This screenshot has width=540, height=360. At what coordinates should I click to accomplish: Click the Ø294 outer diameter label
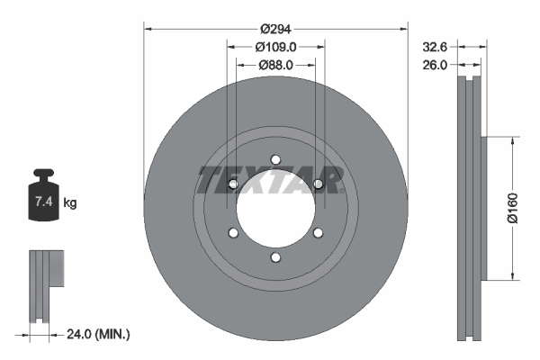275,29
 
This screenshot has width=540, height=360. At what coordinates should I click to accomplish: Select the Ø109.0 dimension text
275,47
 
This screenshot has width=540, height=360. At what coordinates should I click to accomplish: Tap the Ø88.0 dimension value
275,65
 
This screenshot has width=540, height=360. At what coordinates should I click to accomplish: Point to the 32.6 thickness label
435,47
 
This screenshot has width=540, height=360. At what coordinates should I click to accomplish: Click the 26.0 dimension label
435,65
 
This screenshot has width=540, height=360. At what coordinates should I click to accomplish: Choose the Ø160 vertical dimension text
513,208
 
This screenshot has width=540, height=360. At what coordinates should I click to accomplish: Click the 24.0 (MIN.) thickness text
98,334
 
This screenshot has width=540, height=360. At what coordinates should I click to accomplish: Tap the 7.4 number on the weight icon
44,202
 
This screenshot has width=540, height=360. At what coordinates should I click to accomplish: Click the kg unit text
70,202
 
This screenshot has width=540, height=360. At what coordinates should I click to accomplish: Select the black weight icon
43,195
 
